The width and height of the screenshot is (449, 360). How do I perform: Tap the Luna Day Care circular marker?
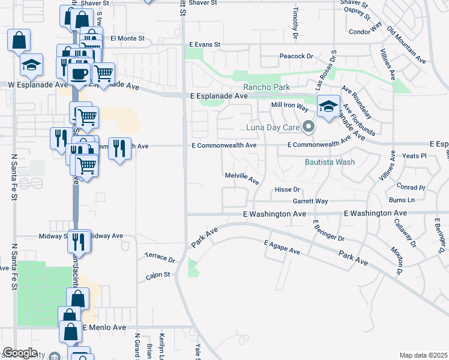click(309, 127)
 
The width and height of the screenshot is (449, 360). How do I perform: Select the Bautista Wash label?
click(330, 162)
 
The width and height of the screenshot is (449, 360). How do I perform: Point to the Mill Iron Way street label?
click(289, 105)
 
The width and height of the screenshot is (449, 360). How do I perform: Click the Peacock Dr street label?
click(297, 56)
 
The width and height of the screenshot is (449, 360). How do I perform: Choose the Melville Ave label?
click(241, 178)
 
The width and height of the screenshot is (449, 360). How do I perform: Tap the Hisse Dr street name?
click(287, 190)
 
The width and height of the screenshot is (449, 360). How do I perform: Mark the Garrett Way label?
click(310, 202)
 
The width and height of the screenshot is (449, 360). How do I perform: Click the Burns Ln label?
click(402, 200)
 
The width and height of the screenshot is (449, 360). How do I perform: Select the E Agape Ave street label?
click(282, 247)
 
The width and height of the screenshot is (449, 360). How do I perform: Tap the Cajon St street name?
click(158, 277)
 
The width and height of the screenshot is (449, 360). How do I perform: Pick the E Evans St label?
click(205, 44)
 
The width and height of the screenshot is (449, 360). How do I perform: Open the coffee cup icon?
click(78, 74)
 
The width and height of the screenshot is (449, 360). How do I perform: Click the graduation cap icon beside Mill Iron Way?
click(328, 107)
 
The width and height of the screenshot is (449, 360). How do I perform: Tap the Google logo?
click(20, 353)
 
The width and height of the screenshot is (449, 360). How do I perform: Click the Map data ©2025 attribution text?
click(423, 355)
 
